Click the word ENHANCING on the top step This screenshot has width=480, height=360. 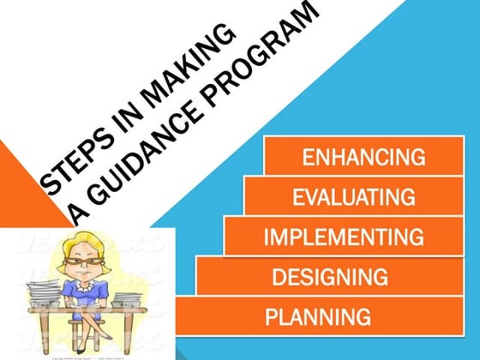pos(364,158)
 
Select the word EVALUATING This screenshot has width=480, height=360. pos(354,197)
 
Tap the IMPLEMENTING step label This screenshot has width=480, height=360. pos(344,236)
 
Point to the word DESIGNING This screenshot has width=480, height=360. pos(329,276)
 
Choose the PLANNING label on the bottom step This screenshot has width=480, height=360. pos(318,316)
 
